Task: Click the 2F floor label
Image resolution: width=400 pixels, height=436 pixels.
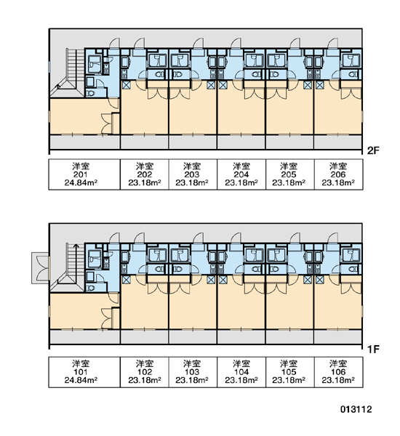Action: point(373,150)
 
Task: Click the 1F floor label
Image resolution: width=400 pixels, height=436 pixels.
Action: point(373,349)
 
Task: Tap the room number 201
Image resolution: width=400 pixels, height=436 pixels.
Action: point(81,174)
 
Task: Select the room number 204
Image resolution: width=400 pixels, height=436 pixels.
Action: point(241,174)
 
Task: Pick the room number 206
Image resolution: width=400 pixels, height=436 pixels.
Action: point(338,174)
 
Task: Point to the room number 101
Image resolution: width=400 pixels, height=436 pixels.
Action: point(81,372)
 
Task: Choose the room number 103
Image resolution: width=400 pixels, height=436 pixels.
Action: point(192,372)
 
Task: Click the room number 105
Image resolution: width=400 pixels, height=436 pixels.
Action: point(289,372)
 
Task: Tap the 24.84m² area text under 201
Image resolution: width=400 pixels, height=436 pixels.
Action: point(81,182)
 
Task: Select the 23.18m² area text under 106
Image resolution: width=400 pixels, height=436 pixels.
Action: point(338,380)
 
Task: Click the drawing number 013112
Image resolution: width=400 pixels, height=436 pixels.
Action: point(356,409)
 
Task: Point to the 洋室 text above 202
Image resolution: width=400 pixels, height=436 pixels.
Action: point(145,166)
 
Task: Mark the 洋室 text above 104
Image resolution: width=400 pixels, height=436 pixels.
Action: point(241,364)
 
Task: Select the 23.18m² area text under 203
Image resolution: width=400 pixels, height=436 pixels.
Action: point(192,182)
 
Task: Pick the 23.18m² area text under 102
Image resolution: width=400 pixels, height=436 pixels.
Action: point(145,380)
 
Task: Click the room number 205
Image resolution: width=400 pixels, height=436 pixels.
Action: point(289,174)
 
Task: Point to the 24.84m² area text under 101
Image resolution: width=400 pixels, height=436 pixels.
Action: point(81,380)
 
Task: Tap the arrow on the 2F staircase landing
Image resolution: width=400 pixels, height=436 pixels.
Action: point(58,86)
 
